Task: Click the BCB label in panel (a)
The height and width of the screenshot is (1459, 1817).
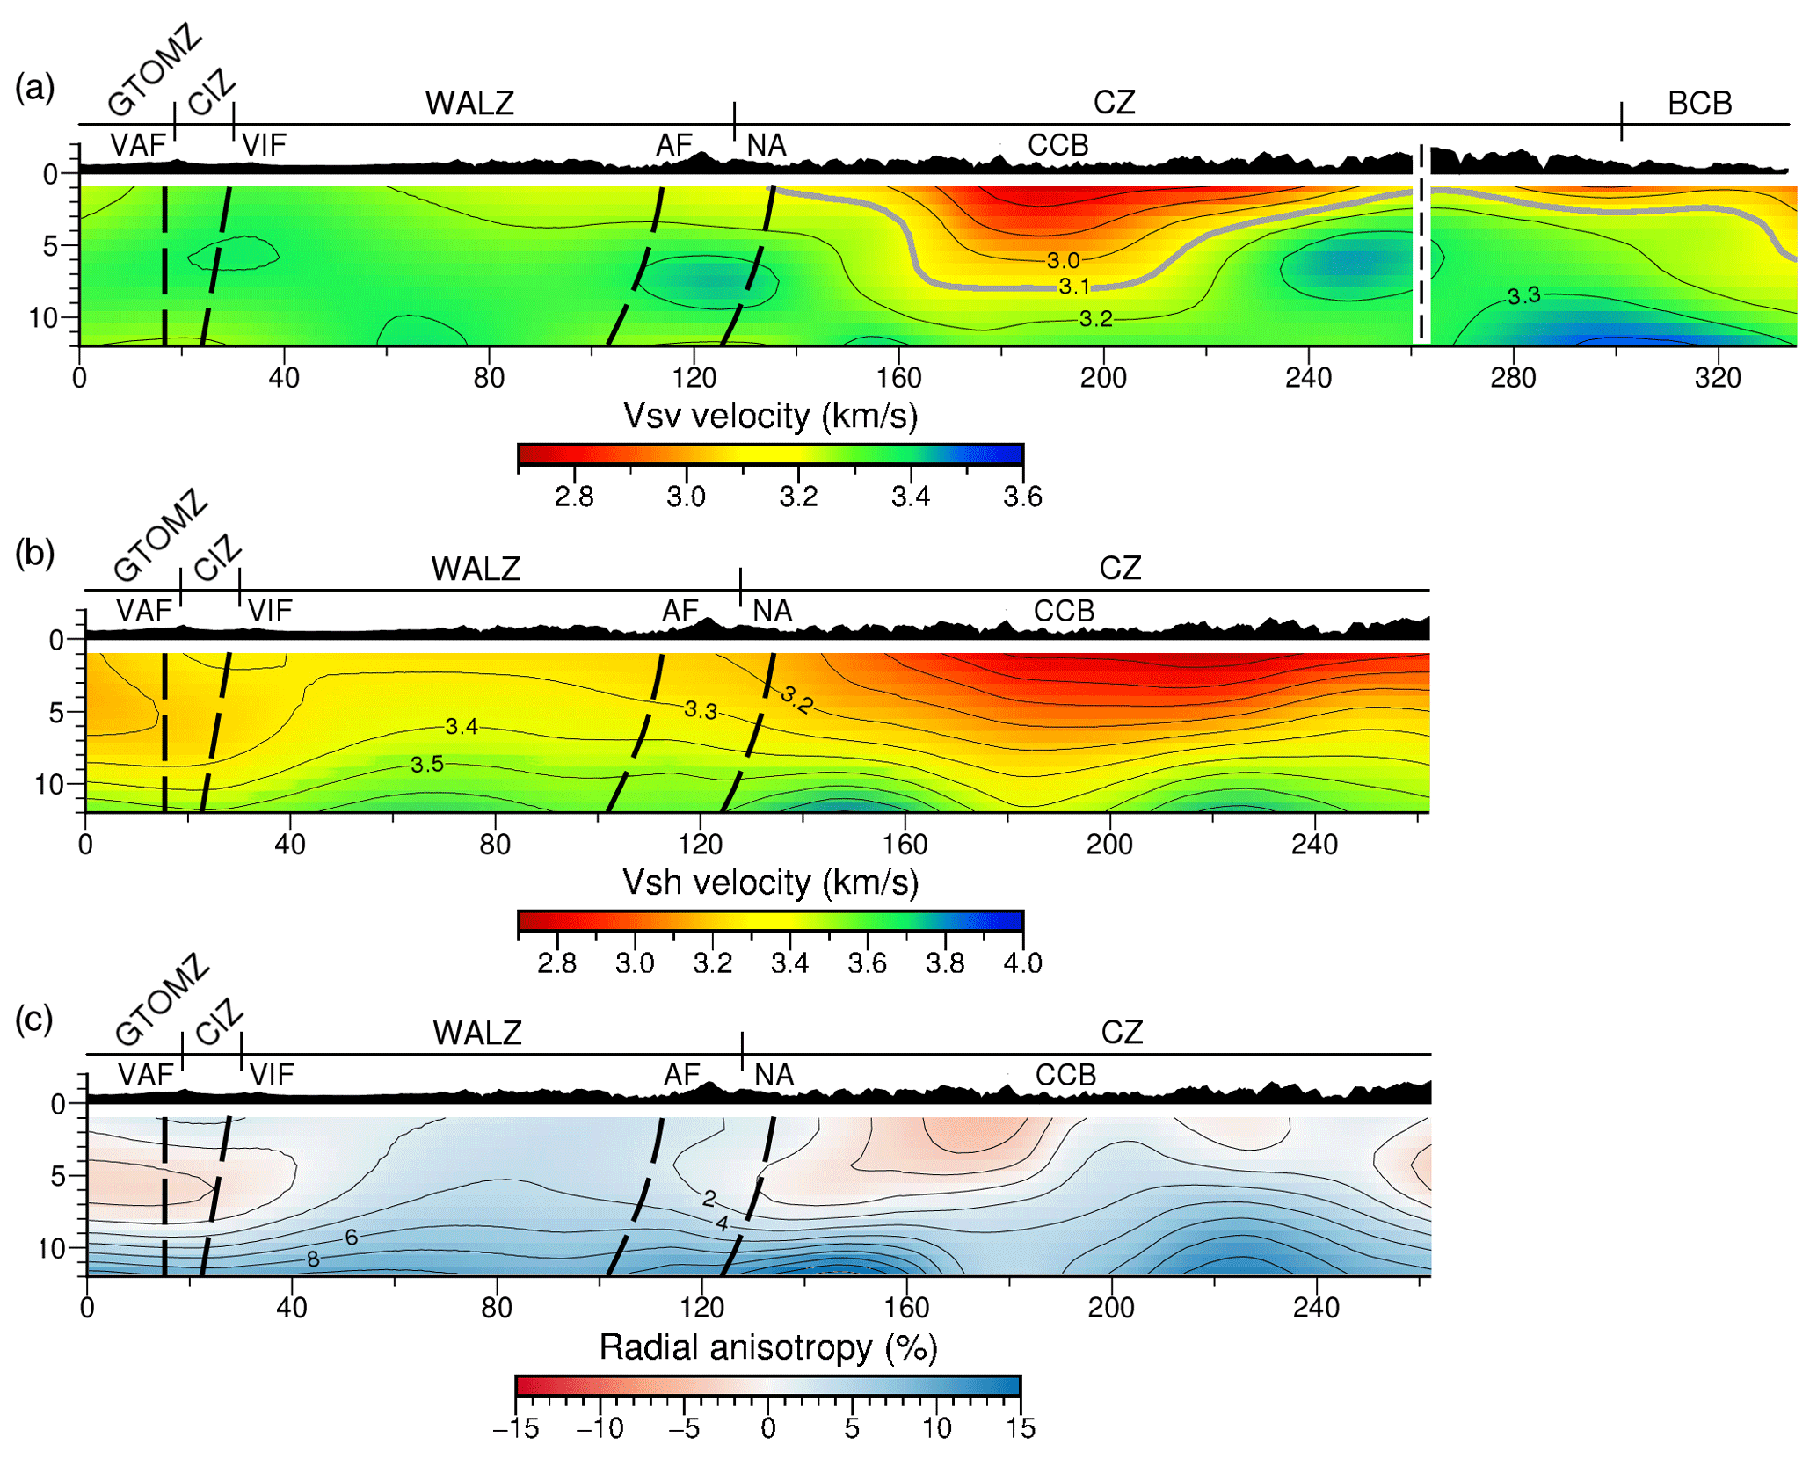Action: [1698, 103]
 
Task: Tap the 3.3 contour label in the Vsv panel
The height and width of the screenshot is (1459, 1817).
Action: [1523, 295]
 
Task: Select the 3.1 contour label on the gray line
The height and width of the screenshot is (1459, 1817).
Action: [1073, 287]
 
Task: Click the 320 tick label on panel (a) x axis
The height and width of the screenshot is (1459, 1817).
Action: [1717, 378]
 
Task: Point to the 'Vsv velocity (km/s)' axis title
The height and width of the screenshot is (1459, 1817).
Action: [770, 416]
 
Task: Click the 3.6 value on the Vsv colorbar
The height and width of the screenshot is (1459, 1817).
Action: [1022, 497]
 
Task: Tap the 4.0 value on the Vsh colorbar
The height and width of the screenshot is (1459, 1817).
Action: [1022, 963]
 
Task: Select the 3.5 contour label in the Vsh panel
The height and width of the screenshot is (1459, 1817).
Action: [427, 765]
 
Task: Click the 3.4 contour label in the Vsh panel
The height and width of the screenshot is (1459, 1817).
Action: [462, 726]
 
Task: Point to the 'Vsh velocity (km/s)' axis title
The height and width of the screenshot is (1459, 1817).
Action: [770, 882]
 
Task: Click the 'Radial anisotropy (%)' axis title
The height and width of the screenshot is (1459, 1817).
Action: [768, 1347]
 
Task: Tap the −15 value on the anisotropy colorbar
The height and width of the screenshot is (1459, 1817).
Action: [516, 1429]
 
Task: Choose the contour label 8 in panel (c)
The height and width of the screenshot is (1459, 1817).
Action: [313, 1259]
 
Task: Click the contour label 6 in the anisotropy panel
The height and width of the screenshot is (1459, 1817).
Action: [352, 1238]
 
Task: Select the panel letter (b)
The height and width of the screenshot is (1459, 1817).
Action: [35, 553]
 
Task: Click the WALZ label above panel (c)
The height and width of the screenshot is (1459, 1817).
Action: [477, 1033]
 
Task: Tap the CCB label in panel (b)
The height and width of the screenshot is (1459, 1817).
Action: [1064, 611]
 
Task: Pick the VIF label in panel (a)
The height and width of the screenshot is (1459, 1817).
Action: [264, 145]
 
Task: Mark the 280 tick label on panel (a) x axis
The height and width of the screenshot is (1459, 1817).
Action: [1513, 378]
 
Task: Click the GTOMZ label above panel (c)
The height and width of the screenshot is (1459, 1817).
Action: [163, 1000]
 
